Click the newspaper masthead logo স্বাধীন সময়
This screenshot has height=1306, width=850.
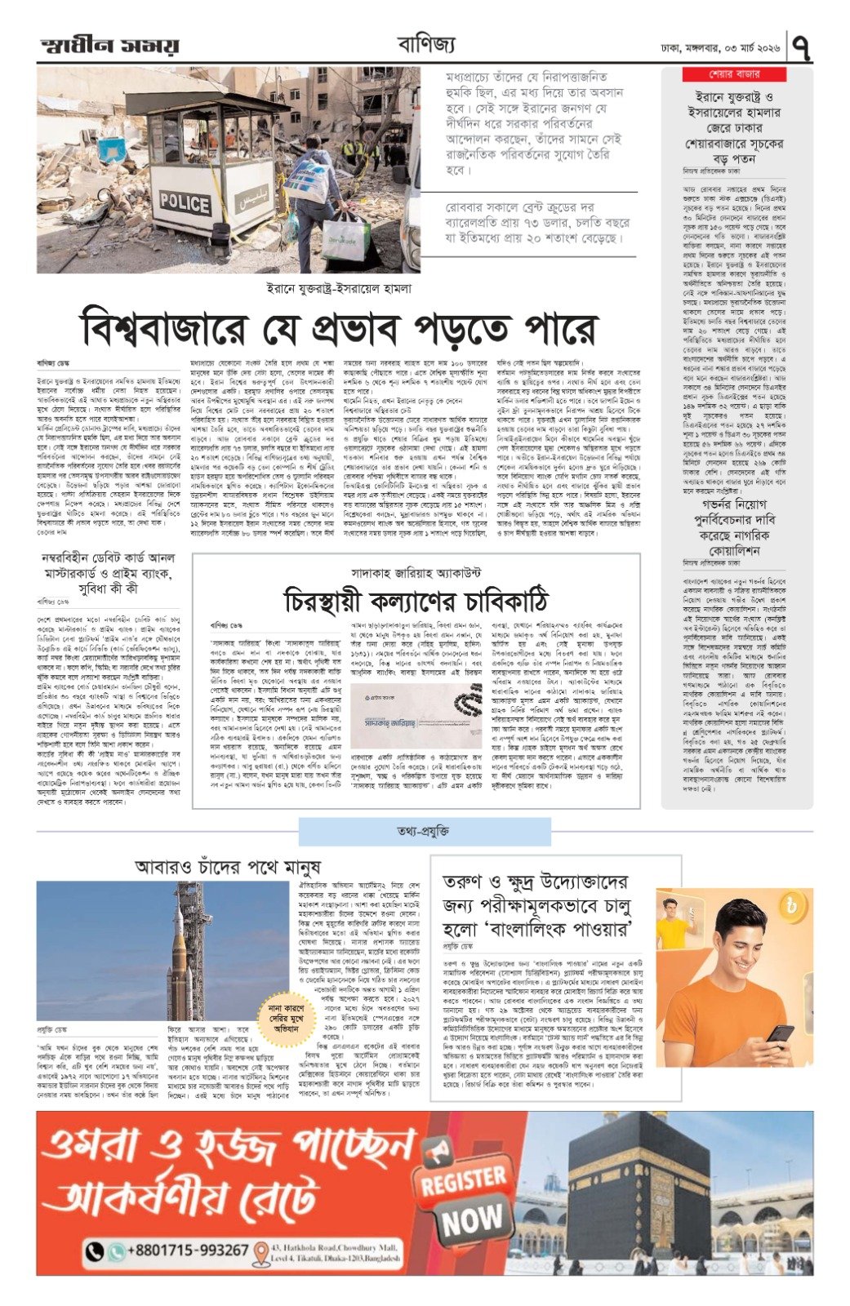109,47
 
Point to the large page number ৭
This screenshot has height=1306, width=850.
802,47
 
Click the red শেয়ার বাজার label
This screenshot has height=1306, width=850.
734,75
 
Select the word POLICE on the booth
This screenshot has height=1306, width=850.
185,202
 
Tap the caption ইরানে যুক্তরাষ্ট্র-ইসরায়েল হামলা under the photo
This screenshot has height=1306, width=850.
340,288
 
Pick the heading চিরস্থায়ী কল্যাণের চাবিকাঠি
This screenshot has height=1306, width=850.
416,601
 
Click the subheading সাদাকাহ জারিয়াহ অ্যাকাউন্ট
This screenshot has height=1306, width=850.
416,572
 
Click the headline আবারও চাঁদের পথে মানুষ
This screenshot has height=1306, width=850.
227,867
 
